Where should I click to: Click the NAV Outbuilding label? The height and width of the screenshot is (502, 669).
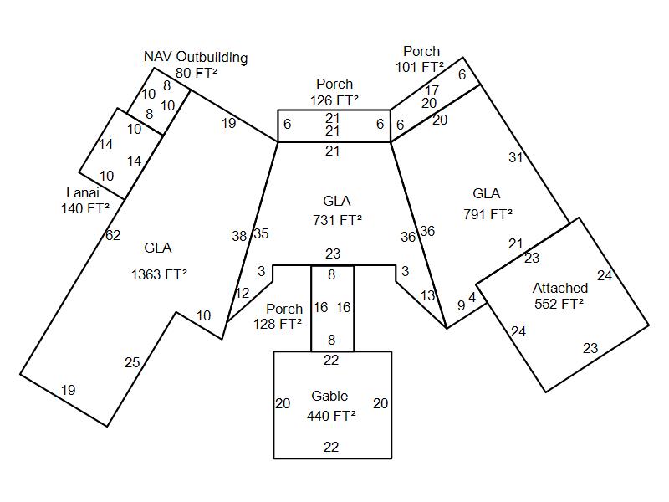tap(196, 58)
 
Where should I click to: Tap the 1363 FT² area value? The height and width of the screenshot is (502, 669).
tap(159, 274)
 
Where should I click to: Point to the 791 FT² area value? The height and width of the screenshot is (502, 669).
tap(488, 214)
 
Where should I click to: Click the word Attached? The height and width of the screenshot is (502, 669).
tap(560, 289)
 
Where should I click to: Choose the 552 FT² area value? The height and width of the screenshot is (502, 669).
tap(559, 304)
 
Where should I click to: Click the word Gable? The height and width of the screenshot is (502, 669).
tap(329, 397)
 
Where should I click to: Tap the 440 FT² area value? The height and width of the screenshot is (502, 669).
tap(331, 415)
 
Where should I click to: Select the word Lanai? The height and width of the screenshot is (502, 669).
tap(83, 193)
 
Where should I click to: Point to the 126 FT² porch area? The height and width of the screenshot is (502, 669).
tap(334, 100)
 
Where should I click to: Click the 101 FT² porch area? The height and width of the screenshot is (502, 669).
tap(420, 67)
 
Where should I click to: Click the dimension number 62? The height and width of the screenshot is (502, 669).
tap(113, 236)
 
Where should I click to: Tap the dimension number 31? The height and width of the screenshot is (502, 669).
tap(514, 157)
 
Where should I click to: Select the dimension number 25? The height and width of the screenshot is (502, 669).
tap(132, 363)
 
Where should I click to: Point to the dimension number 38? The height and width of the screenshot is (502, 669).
tap(239, 237)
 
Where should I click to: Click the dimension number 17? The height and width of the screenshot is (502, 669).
tap(432, 90)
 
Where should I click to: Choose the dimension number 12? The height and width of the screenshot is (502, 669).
tap(242, 294)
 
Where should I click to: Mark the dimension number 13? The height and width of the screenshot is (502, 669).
tap(428, 295)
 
